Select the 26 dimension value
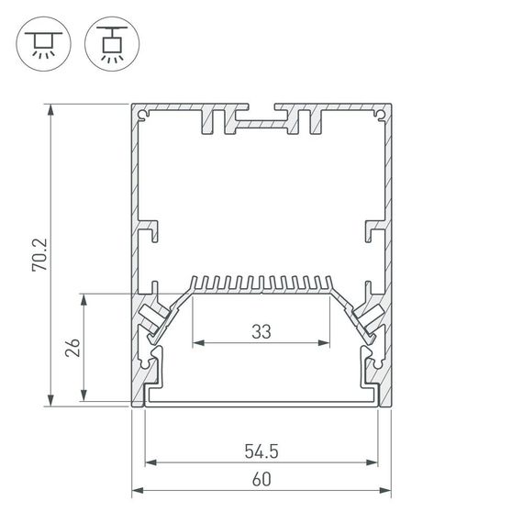[74, 348]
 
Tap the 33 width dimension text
[261, 332]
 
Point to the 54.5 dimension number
[261, 451]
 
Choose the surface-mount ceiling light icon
[40, 44]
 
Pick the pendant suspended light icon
[107, 44]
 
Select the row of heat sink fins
[261, 282]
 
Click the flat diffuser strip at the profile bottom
[261, 402]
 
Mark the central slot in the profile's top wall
[261, 118]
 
